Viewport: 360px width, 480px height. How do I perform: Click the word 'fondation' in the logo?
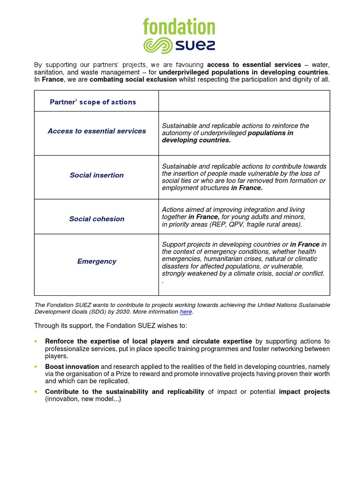click(179, 27)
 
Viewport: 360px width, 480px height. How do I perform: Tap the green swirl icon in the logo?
click(158, 46)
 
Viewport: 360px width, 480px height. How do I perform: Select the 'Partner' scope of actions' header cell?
click(93, 102)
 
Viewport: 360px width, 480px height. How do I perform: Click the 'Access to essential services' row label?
click(97, 131)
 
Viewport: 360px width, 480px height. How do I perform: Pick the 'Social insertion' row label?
click(97, 175)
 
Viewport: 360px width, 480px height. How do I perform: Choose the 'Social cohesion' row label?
click(97, 219)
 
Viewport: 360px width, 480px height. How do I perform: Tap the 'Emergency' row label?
click(97, 262)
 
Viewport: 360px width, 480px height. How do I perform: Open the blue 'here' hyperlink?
click(186, 312)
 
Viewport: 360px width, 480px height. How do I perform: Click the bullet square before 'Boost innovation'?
click(36, 367)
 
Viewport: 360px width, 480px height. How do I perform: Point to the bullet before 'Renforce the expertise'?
click(36, 342)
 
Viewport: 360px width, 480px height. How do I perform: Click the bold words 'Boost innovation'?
click(72, 367)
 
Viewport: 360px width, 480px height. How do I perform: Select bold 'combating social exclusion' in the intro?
click(133, 79)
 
